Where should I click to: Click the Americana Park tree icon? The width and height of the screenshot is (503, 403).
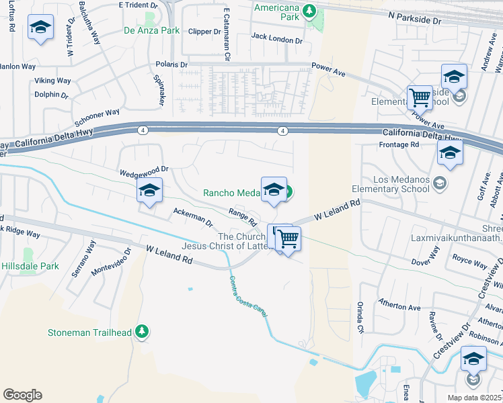point(309,10)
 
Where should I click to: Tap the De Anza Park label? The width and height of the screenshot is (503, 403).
point(151,30)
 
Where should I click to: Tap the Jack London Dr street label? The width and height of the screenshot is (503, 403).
point(276,40)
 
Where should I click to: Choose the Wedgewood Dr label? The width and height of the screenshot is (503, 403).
point(143,173)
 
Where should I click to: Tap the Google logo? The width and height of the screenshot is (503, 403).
point(22,395)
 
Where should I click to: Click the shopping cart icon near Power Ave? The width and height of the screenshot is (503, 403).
point(420,97)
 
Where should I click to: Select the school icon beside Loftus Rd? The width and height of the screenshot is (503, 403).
point(40,28)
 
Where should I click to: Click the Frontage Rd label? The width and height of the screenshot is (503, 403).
point(399,144)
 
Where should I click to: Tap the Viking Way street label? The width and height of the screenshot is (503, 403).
point(53,81)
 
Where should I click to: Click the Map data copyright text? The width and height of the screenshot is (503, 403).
point(475,398)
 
